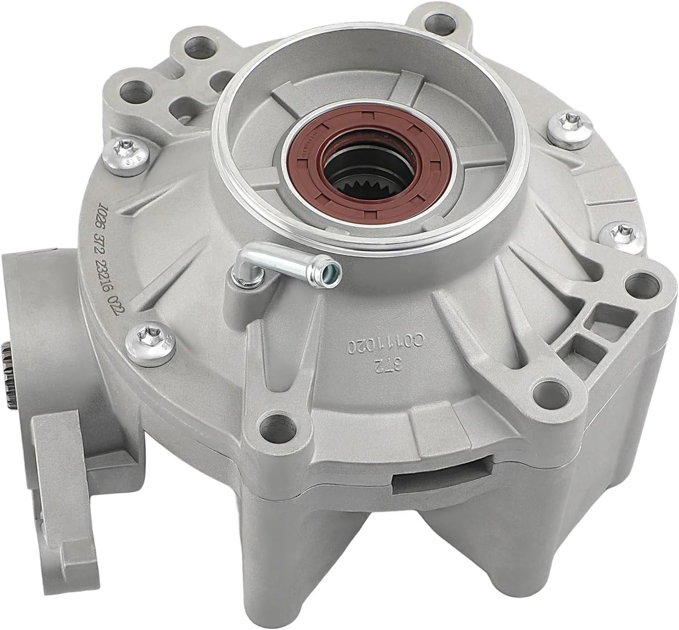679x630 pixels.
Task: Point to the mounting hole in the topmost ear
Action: click(x=436, y=21)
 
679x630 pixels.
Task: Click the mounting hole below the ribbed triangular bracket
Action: click(x=544, y=382)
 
